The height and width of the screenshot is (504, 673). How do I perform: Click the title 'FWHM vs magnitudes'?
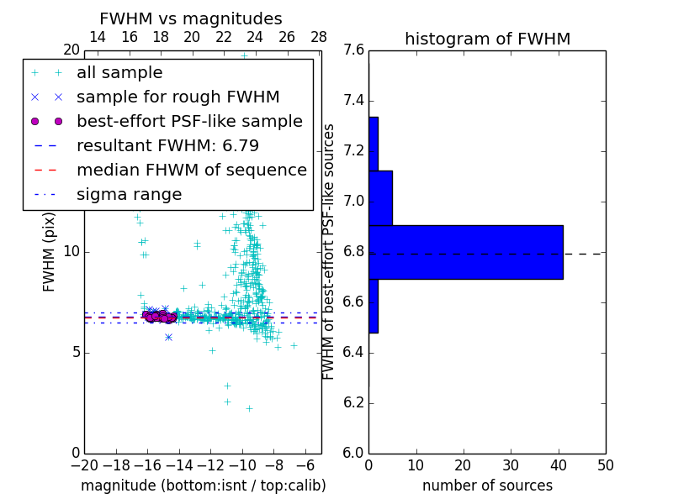[191, 18]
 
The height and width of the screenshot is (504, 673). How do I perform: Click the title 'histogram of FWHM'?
[487, 39]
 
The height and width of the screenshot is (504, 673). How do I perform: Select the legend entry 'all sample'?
[119, 73]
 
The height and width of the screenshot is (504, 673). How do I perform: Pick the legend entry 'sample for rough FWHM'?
[178, 97]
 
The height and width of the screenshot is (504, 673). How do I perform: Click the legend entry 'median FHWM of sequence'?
[191, 171]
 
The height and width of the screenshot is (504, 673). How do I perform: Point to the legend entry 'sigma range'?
[129, 195]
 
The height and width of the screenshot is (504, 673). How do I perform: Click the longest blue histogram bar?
[465, 252]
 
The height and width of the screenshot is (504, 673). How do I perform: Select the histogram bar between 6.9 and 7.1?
[380, 197]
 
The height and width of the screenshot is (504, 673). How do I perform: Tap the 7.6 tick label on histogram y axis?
[353, 50]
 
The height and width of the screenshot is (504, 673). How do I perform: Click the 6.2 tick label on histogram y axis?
[353, 402]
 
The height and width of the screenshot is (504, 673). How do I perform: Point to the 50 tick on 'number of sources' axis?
[605, 465]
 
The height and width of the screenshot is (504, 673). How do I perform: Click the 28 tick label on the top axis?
[319, 38]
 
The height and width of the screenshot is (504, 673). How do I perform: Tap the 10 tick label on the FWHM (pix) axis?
[72, 252]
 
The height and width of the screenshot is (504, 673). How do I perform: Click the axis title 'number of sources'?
[487, 486]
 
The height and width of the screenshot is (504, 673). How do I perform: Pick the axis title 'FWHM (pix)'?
[50, 252]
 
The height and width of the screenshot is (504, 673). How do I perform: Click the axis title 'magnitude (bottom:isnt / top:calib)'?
[203, 486]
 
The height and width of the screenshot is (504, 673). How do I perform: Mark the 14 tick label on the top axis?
[98, 38]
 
